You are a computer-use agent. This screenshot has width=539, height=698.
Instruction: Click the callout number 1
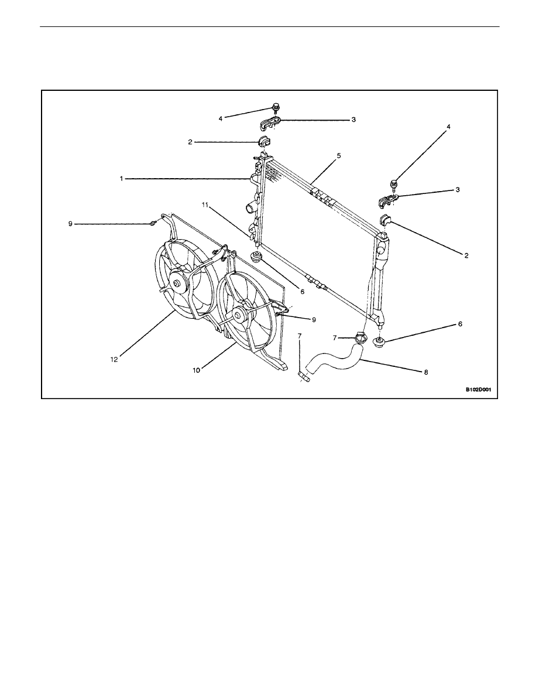point(121,179)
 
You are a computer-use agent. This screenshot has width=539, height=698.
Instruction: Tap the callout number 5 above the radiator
point(339,156)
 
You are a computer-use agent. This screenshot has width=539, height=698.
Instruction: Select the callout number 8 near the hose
point(425,372)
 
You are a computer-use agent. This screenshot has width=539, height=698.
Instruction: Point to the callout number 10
point(197,369)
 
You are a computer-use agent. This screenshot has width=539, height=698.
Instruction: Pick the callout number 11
point(205,205)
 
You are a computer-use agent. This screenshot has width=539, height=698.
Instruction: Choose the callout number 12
point(114,359)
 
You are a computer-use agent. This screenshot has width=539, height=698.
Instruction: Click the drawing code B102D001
point(478,389)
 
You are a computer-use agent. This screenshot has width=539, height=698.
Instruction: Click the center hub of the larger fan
point(177,284)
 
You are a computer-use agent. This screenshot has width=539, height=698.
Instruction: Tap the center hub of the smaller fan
point(240,316)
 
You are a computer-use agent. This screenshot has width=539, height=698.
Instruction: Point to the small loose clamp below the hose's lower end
point(304,376)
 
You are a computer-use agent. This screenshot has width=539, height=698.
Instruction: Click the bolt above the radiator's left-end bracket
point(275,107)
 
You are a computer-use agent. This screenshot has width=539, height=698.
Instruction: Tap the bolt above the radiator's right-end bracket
point(394,183)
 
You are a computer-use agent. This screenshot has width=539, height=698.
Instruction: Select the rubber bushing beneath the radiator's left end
point(256,257)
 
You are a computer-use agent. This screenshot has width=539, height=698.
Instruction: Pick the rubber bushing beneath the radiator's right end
point(379,343)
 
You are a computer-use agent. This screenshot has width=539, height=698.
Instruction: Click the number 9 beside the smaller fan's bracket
point(314,319)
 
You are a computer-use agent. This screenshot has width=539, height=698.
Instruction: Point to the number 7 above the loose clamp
point(300,336)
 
